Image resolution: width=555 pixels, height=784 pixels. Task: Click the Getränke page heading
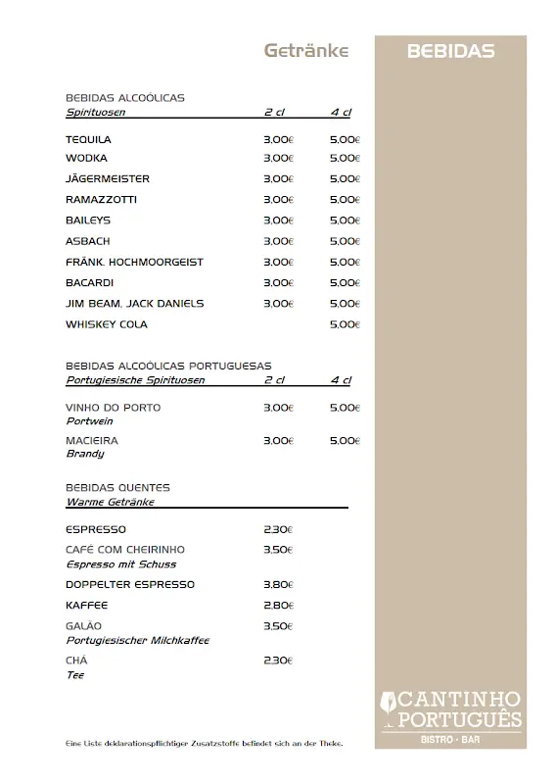(x=306, y=51)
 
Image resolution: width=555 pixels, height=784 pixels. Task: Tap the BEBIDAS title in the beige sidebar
(x=450, y=52)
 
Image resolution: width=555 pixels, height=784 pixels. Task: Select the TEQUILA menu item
(x=88, y=139)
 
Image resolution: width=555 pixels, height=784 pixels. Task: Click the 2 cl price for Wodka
(x=278, y=158)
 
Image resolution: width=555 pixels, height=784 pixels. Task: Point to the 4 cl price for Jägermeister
(x=345, y=179)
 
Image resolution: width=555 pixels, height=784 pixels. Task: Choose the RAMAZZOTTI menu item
(x=101, y=200)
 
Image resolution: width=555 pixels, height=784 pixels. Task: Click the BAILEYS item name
(x=88, y=220)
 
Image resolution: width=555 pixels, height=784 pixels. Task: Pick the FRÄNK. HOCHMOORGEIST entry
(x=134, y=262)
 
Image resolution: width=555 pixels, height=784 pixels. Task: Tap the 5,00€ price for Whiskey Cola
(x=345, y=324)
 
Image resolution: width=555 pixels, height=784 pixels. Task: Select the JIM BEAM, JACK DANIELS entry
(x=134, y=304)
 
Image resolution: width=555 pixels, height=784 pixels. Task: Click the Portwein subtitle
(x=89, y=420)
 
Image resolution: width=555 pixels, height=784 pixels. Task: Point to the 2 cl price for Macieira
(x=278, y=441)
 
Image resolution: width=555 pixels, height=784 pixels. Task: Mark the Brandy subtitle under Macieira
(x=85, y=454)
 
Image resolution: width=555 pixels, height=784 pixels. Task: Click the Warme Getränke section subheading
(x=110, y=502)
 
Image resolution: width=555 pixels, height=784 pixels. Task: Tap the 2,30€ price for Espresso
(x=278, y=530)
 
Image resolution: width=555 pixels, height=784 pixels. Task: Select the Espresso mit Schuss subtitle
(x=120, y=564)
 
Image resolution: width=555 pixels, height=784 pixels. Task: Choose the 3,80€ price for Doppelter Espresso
(x=278, y=585)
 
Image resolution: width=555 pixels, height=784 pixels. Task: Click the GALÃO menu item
(x=84, y=626)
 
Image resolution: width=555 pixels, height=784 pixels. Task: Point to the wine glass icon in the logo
(x=390, y=703)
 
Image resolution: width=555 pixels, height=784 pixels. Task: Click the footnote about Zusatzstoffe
(x=204, y=743)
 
